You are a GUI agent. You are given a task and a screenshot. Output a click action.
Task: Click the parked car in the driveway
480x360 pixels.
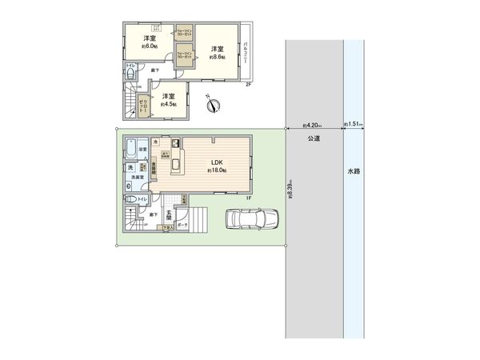click(x=251, y=219)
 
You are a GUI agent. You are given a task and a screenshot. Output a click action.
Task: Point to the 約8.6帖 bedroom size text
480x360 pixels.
click(x=214, y=58)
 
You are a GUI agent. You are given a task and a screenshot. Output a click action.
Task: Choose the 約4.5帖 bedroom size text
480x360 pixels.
click(x=169, y=104)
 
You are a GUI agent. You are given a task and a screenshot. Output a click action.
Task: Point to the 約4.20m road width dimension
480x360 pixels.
click(x=313, y=125)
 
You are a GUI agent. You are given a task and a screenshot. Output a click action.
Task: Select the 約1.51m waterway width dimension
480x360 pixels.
click(x=354, y=125)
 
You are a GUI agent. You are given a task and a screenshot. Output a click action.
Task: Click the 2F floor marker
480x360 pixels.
click(x=248, y=84)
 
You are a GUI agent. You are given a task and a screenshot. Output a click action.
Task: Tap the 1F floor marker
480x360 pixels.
click(x=248, y=198)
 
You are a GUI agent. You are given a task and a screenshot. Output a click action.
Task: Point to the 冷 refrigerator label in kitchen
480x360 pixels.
click(x=156, y=141)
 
